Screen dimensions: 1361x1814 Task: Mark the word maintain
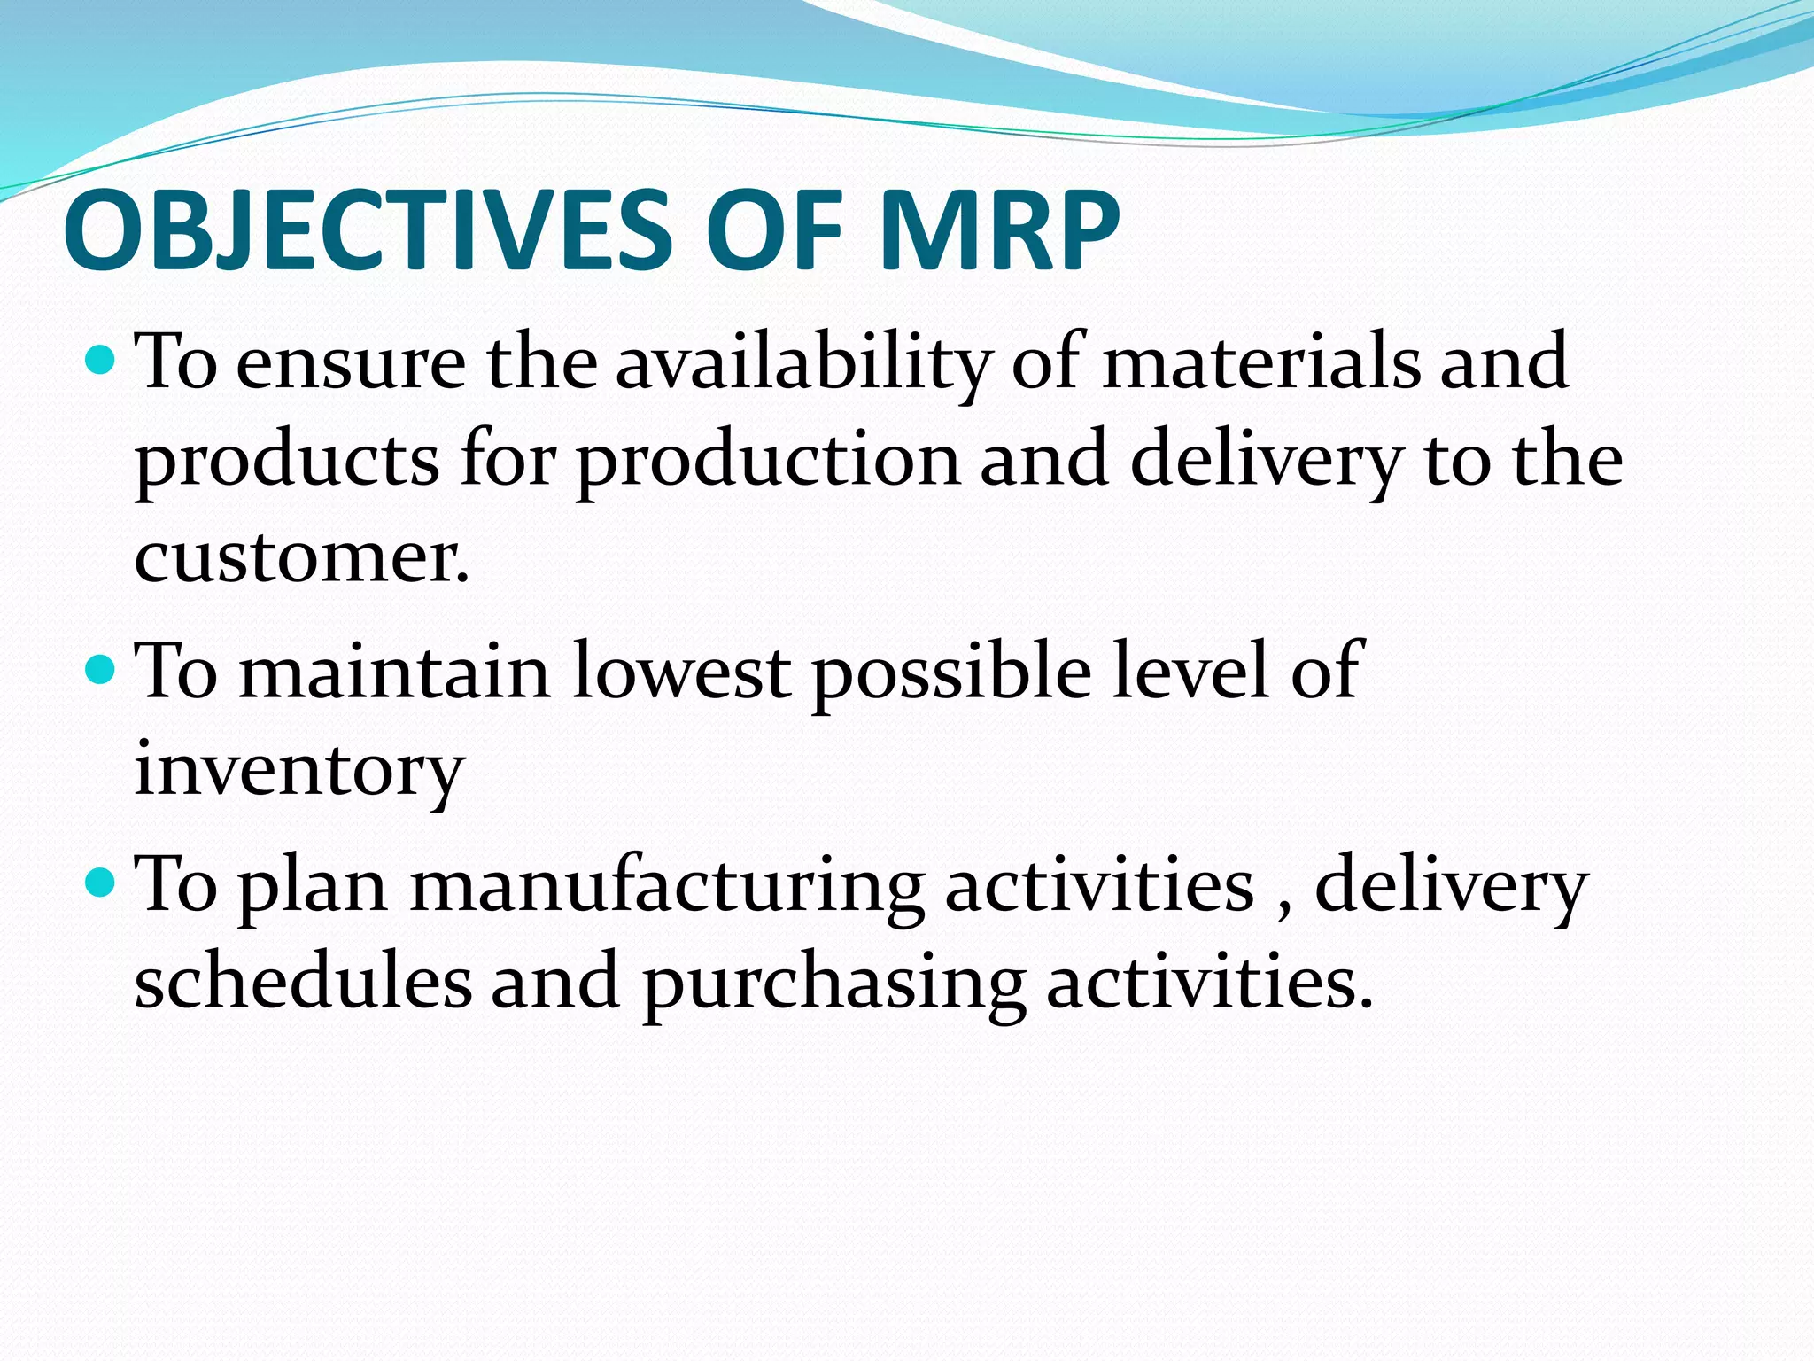point(395,672)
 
